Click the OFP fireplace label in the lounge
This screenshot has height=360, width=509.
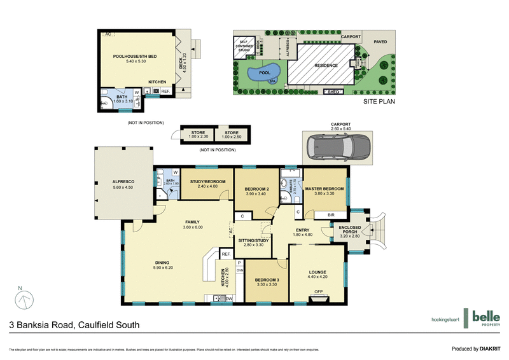coord(318,293)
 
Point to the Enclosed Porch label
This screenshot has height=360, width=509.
coord(349,230)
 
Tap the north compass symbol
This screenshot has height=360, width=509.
coord(22,298)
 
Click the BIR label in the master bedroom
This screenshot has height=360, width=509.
coord(330,216)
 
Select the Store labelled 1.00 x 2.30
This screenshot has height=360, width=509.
coord(199,135)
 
